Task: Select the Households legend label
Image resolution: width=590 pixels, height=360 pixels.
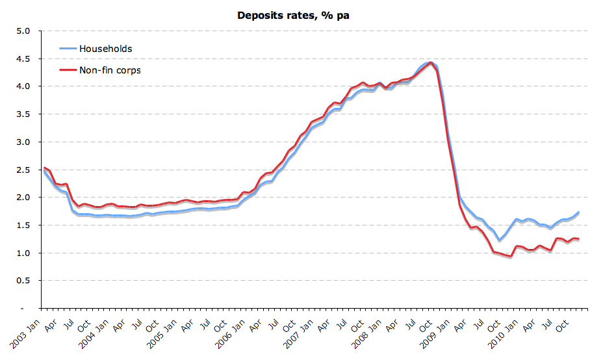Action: pyautogui.click(x=105, y=49)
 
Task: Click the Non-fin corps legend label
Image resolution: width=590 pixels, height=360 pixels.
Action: pyautogui.click(x=110, y=70)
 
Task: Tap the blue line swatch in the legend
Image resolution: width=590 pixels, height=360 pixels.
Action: pyautogui.click(x=68, y=49)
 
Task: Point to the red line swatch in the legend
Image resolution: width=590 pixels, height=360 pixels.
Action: pyautogui.click(x=68, y=70)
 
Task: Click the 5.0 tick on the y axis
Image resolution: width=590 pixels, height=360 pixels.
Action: pyautogui.click(x=23, y=31)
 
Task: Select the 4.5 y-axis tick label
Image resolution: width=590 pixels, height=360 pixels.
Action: pyautogui.click(x=23, y=58)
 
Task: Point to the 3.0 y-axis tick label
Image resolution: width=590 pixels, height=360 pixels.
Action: pyautogui.click(x=23, y=142)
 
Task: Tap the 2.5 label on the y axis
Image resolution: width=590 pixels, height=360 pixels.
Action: pyautogui.click(x=23, y=170)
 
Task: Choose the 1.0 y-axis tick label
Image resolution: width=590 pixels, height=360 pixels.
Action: pyautogui.click(x=23, y=253)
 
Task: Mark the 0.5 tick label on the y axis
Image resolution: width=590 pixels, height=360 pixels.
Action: pyautogui.click(x=23, y=281)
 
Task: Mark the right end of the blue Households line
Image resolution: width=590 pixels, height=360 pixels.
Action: pyautogui.click(x=578, y=212)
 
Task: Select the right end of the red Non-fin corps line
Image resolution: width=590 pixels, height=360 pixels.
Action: pyautogui.click(x=578, y=239)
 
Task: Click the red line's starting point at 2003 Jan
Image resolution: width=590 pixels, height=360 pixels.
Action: pyautogui.click(x=44, y=167)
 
